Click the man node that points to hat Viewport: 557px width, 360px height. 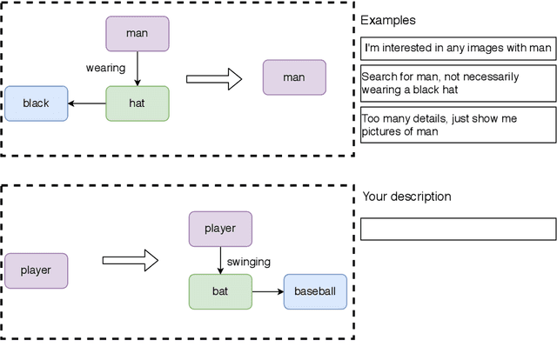pyautogui.click(x=137, y=33)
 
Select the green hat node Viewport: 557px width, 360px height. pyautogui.click(x=137, y=103)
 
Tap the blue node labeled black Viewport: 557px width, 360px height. pyautogui.click(x=36, y=103)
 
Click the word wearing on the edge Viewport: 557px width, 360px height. pyautogui.click(x=105, y=67)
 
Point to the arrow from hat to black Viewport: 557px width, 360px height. pyautogui.click(x=87, y=103)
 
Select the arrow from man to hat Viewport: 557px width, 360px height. pyautogui.click(x=137, y=68)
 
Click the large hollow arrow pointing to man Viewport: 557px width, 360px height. pyautogui.click(x=213, y=80)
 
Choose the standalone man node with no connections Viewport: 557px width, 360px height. pyautogui.click(x=294, y=77)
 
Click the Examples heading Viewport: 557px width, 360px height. pyautogui.click(x=387, y=20)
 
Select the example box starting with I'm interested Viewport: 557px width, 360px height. pyautogui.click(x=458, y=48)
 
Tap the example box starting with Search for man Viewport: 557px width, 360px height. pyautogui.click(x=458, y=83)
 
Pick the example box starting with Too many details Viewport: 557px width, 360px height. pyautogui.click(x=458, y=124)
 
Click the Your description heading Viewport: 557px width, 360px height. pyautogui.click(x=406, y=197)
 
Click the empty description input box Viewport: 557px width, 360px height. pyautogui.click(x=458, y=229)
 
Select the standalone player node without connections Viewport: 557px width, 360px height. pyautogui.click(x=36, y=270)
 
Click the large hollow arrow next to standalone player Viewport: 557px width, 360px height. pyautogui.click(x=130, y=260)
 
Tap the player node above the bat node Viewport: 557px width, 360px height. pyautogui.click(x=220, y=229)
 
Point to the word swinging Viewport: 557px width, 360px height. pyautogui.click(x=249, y=261)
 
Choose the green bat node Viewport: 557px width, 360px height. pyautogui.click(x=220, y=291)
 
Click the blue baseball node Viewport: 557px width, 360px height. pyautogui.click(x=315, y=291)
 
